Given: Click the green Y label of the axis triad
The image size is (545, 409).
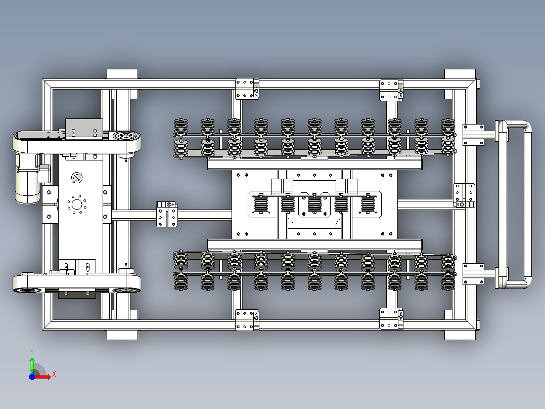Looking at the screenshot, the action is coord(32,352).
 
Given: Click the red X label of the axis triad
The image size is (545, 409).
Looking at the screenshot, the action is coord(54,375).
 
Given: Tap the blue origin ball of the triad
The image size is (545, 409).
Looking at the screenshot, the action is coord(32,377).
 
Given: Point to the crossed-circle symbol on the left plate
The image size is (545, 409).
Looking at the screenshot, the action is coord(76,178).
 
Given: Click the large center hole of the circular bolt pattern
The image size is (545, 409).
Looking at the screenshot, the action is coord(76,204).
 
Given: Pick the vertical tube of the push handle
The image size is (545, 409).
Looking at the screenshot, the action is coord(528,204).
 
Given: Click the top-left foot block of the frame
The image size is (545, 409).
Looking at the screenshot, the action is coord(122,74).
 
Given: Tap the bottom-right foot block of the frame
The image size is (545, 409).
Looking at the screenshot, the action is coord(460,335).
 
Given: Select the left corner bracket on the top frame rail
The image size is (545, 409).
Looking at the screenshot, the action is coord(247,89).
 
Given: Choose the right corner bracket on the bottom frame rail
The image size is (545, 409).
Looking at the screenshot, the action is coord(391,318).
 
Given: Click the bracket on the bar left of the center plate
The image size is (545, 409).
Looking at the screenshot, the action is coord(167,215).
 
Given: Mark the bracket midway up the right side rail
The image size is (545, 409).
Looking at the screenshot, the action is coord(464,195).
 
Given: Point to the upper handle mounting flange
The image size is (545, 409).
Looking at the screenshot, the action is coord(473,135).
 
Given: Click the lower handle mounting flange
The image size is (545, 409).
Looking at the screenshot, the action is coord(473,274).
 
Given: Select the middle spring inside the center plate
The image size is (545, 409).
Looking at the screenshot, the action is coord(314,203).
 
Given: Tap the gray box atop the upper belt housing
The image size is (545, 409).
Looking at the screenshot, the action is coord(84,129).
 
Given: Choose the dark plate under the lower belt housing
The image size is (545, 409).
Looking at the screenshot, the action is coord(77,295).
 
